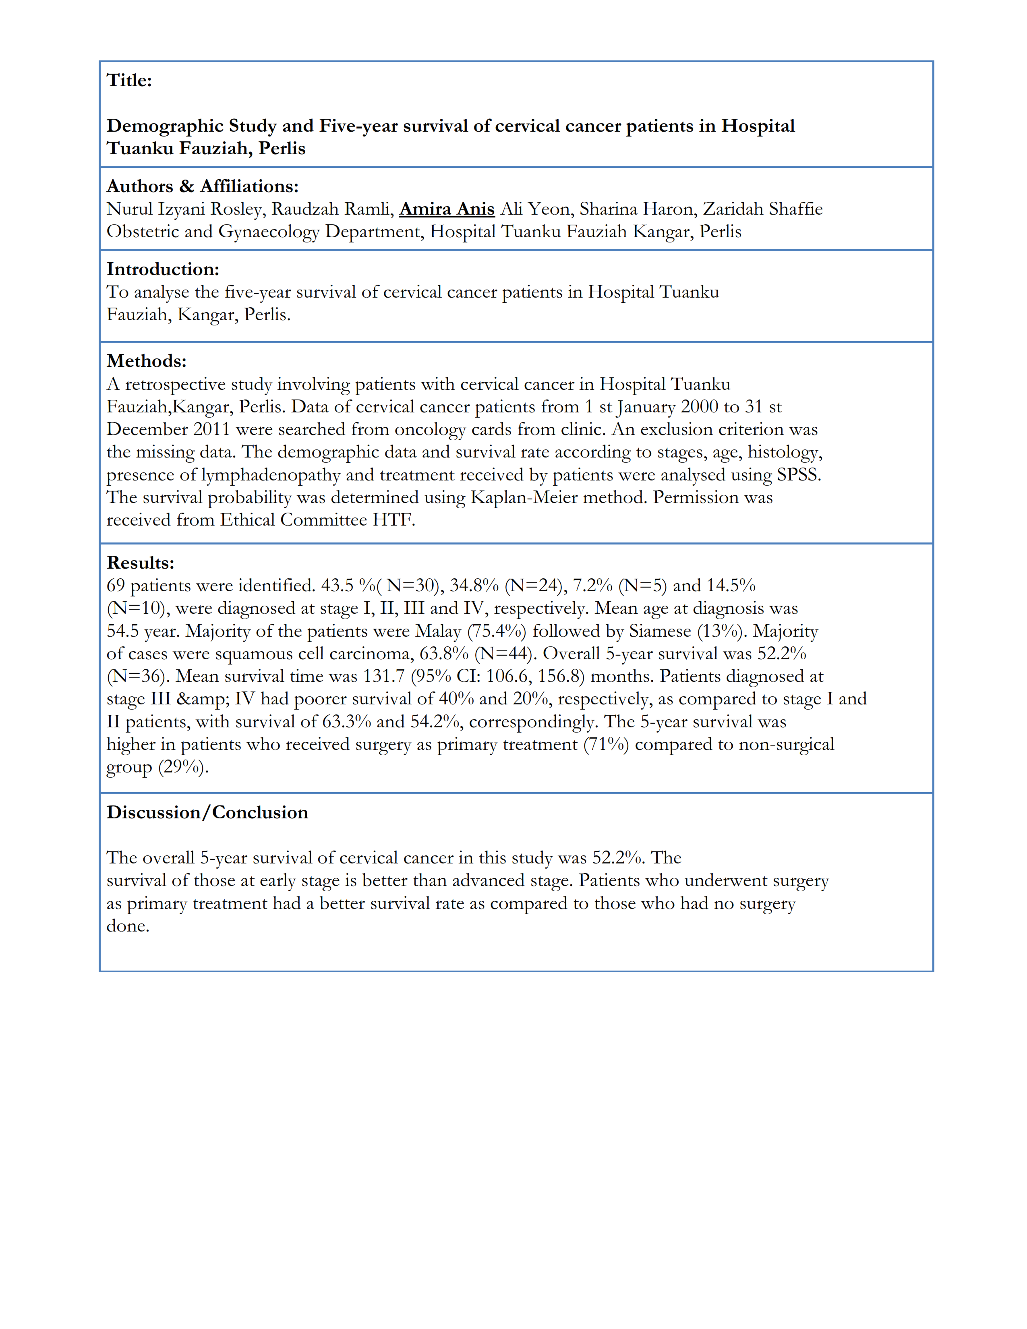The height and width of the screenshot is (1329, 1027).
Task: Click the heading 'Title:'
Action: coord(129,80)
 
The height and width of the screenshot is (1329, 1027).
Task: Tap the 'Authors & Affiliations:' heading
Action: coord(203,186)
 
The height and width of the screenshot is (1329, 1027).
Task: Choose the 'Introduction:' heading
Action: coord(162,269)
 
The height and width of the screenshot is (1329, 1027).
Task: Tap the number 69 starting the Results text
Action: coord(116,586)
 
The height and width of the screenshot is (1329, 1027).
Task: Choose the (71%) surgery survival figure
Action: coord(606,744)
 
